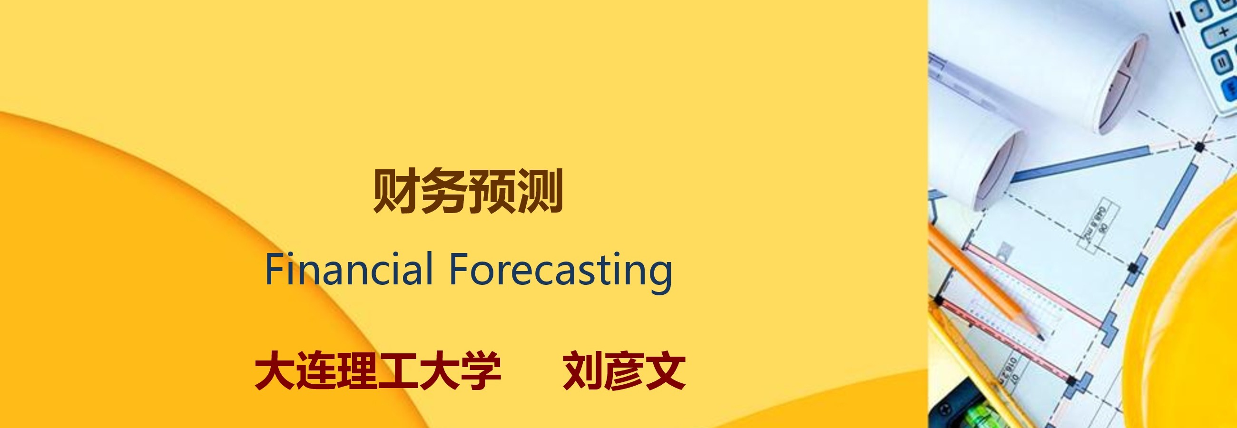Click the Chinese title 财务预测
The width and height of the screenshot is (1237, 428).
point(468,191)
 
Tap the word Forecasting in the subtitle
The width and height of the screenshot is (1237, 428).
point(560,272)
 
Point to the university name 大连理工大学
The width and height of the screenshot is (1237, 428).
point(378,370)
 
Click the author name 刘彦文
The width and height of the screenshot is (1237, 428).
point(624,370)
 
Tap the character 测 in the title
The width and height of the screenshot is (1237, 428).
point(539,191)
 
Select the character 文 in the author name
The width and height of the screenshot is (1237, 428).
point(665,370)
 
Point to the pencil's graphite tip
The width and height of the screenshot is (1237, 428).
point(1040,338)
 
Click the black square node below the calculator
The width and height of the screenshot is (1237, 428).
point(1199,146)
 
